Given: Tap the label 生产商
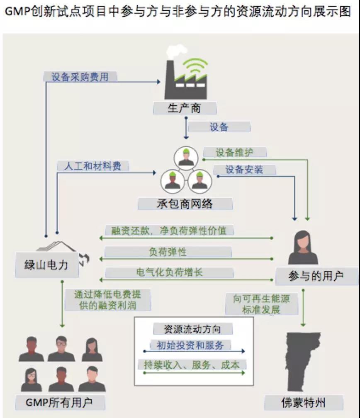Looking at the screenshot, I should [185, 108].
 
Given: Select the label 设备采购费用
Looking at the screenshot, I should [80, 77].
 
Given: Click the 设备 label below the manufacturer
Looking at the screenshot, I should [219, 126].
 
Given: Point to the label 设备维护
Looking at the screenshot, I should [234, 152].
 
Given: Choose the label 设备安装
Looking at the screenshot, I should [244, 170].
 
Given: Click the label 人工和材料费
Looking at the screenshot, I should [92, 166].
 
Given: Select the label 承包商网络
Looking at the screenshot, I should [185, 203].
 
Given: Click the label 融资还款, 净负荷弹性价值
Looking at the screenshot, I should [169, 231].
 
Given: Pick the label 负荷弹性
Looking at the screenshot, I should [168, 252].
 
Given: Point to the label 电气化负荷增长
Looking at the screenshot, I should [169, 272].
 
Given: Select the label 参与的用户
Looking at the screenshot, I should [316, 276].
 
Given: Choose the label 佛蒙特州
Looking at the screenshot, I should [304, 402].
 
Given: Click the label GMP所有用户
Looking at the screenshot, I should [59, 402].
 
